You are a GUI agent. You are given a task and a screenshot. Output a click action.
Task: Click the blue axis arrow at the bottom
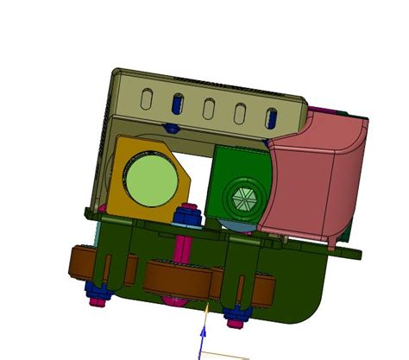tap(204, 337)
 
